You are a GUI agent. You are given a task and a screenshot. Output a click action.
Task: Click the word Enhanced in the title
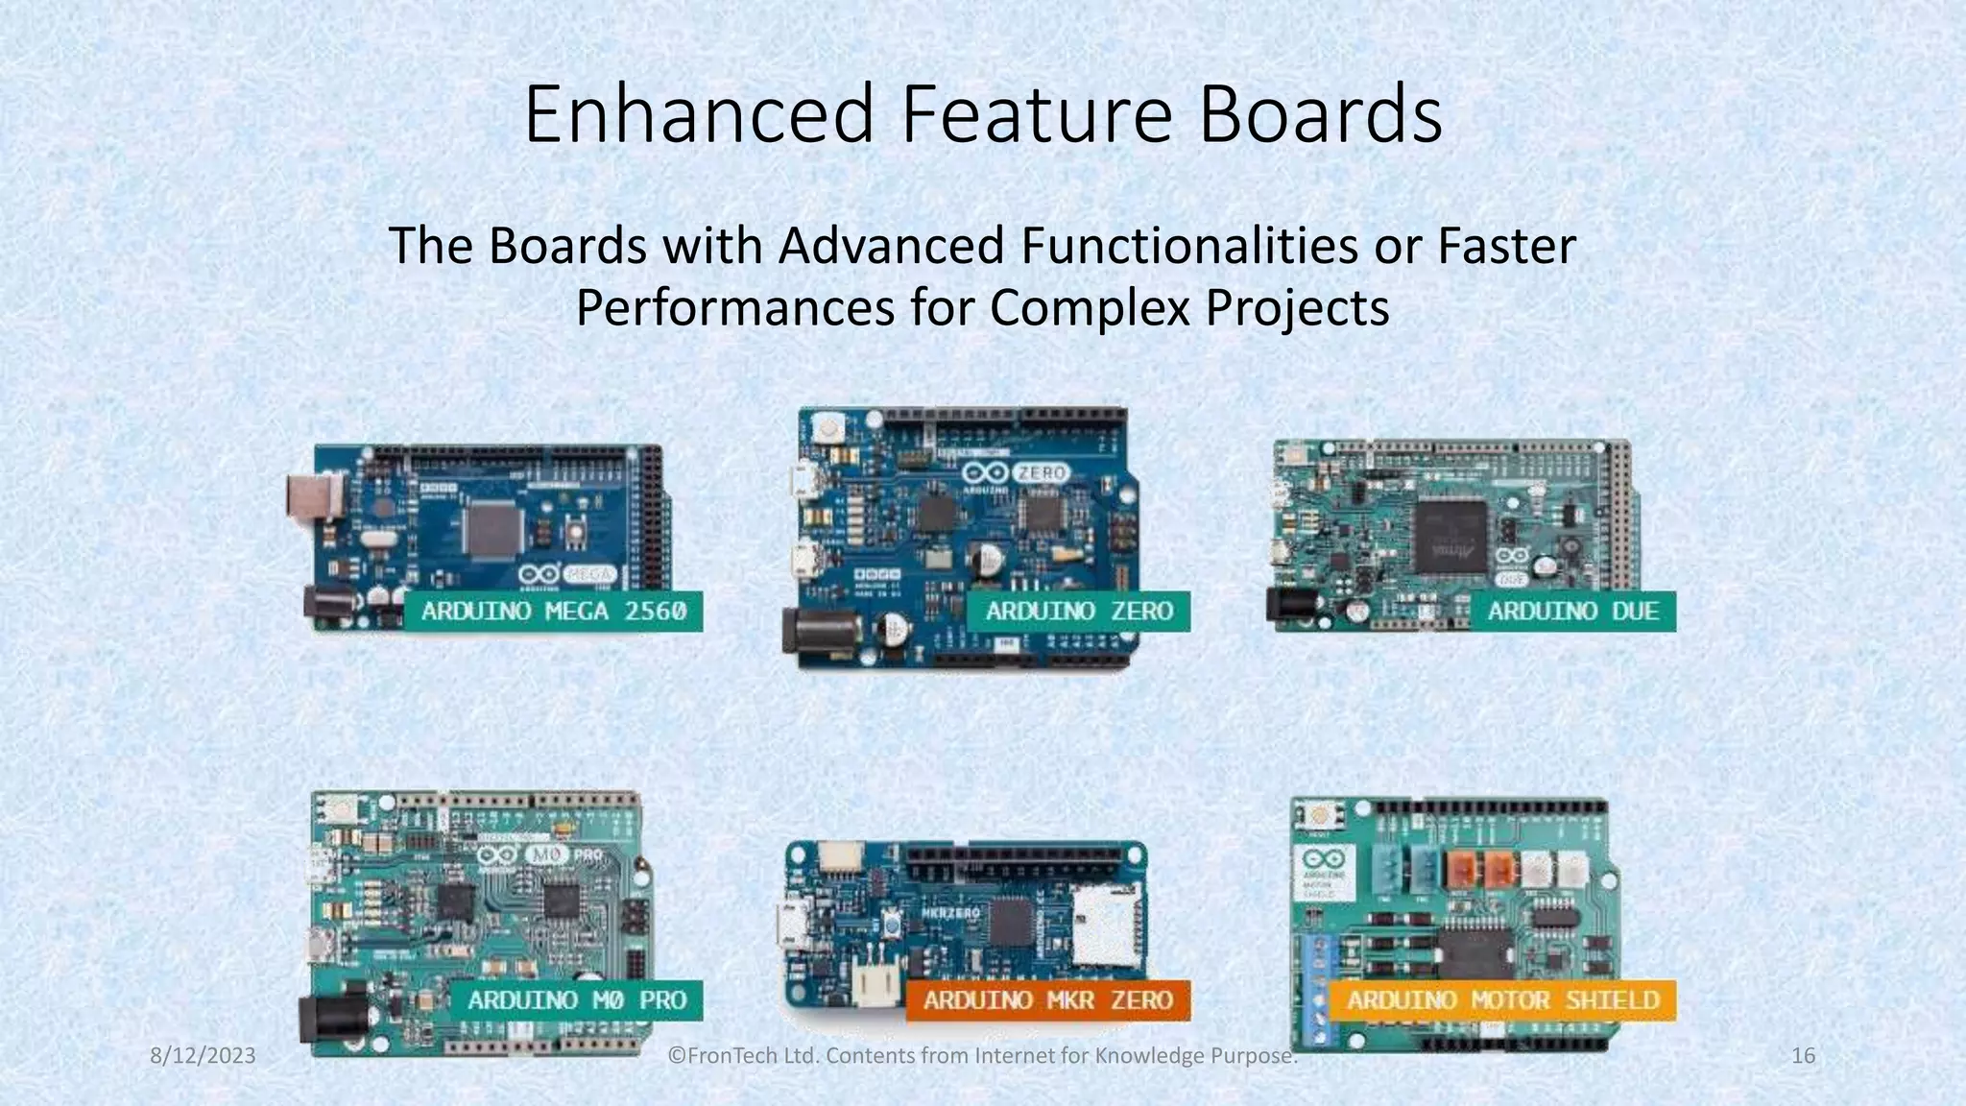[698, 114]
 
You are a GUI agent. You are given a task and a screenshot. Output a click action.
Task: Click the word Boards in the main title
[1321, 114]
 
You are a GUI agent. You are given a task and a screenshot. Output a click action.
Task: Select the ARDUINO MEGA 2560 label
[554, 612]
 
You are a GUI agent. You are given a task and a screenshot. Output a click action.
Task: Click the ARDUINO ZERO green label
[1078, 612]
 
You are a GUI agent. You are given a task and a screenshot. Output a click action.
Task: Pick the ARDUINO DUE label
[1572, 612]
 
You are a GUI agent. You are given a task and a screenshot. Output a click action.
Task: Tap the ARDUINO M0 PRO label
[577, 1000]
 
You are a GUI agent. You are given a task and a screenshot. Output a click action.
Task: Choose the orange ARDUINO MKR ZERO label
[1047, 1000]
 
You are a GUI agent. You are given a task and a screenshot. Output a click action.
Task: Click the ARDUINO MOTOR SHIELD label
[1502, 1000]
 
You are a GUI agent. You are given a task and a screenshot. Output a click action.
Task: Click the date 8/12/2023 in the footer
[204, 1056]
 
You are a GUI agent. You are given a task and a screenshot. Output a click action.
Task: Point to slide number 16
[1803, 1056]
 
